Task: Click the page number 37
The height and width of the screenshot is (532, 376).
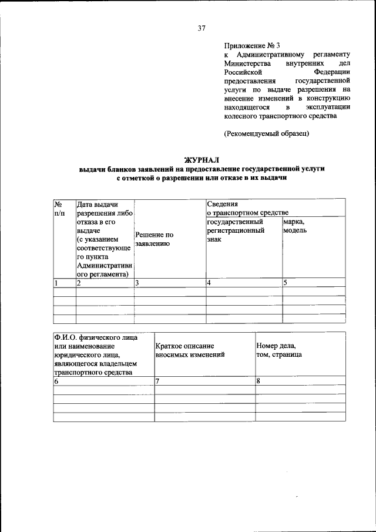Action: pos(202,27)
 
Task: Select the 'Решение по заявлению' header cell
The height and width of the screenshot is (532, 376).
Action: pos(154,238)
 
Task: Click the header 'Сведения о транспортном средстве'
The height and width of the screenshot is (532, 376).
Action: pos(247,208)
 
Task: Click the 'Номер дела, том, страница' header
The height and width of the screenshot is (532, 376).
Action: pos(280,351)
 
